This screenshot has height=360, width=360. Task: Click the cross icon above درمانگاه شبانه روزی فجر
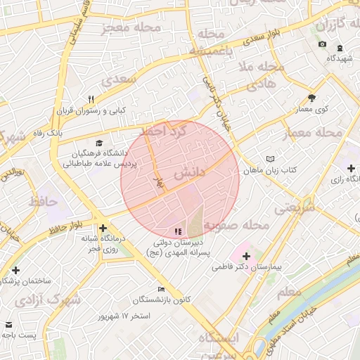point(103,228)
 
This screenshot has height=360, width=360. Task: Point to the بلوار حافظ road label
point(65,226)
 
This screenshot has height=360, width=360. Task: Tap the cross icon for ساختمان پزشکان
point(16,270)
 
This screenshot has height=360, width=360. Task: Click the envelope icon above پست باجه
point(8,325)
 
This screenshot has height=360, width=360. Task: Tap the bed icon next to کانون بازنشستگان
point(162,289)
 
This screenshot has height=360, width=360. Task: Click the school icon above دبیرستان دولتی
point(176,231)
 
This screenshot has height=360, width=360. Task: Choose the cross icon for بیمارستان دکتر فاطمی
point(245,257)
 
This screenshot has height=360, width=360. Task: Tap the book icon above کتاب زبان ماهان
point(271,160)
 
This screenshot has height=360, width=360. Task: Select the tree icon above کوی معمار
point(311,98)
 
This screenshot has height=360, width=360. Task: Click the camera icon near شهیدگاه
point(322,44)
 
